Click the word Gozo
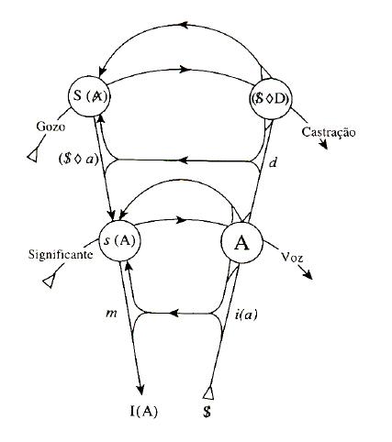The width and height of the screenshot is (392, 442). (50, 127)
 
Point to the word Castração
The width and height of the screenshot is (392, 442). (329, 132)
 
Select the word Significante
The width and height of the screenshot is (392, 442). (61, 254)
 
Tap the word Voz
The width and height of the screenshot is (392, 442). (292, 258)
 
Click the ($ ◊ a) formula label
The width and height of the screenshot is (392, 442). (78, 160)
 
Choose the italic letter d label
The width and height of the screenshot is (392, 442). (273, 162)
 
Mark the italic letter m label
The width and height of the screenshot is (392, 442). (111, 314)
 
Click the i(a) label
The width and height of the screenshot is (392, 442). (246, 314)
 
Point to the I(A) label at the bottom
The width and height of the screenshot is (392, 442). (143, 412)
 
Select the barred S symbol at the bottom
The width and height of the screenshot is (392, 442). (207, 412)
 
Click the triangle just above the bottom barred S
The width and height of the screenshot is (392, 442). (208, 393)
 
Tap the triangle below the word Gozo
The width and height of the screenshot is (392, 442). (33, 155)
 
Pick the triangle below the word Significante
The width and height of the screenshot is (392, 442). (49, 281)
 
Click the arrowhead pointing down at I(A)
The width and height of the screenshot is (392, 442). (140, 390)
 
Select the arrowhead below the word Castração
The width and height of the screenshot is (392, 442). (323, 144)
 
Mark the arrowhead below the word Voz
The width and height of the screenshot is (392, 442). (308, 274)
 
